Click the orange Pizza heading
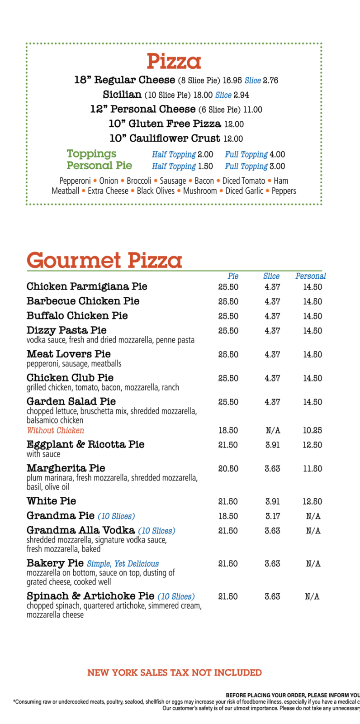tap(173, 61)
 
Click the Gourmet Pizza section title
tap(104, 260)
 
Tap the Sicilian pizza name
tap(122, 95)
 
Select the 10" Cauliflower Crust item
tap(165, 138)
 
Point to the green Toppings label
tap(91, 154)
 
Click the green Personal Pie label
tap(99, 166)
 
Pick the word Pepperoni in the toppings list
tap(75, 181)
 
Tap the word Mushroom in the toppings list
tap(200, 191)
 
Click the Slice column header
tap(271, 276)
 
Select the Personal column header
tap(311, 276)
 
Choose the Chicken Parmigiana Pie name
tap(87, 286)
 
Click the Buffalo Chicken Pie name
tap(77, 315)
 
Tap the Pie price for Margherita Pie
tap(228, 469)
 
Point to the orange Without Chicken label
tap(55, 430)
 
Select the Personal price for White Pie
tap(313, 501)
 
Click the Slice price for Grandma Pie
tap(273, 516)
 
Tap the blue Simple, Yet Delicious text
tap(123, 564)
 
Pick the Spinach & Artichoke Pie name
tap(90, 596)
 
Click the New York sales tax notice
tap(174, 673)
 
